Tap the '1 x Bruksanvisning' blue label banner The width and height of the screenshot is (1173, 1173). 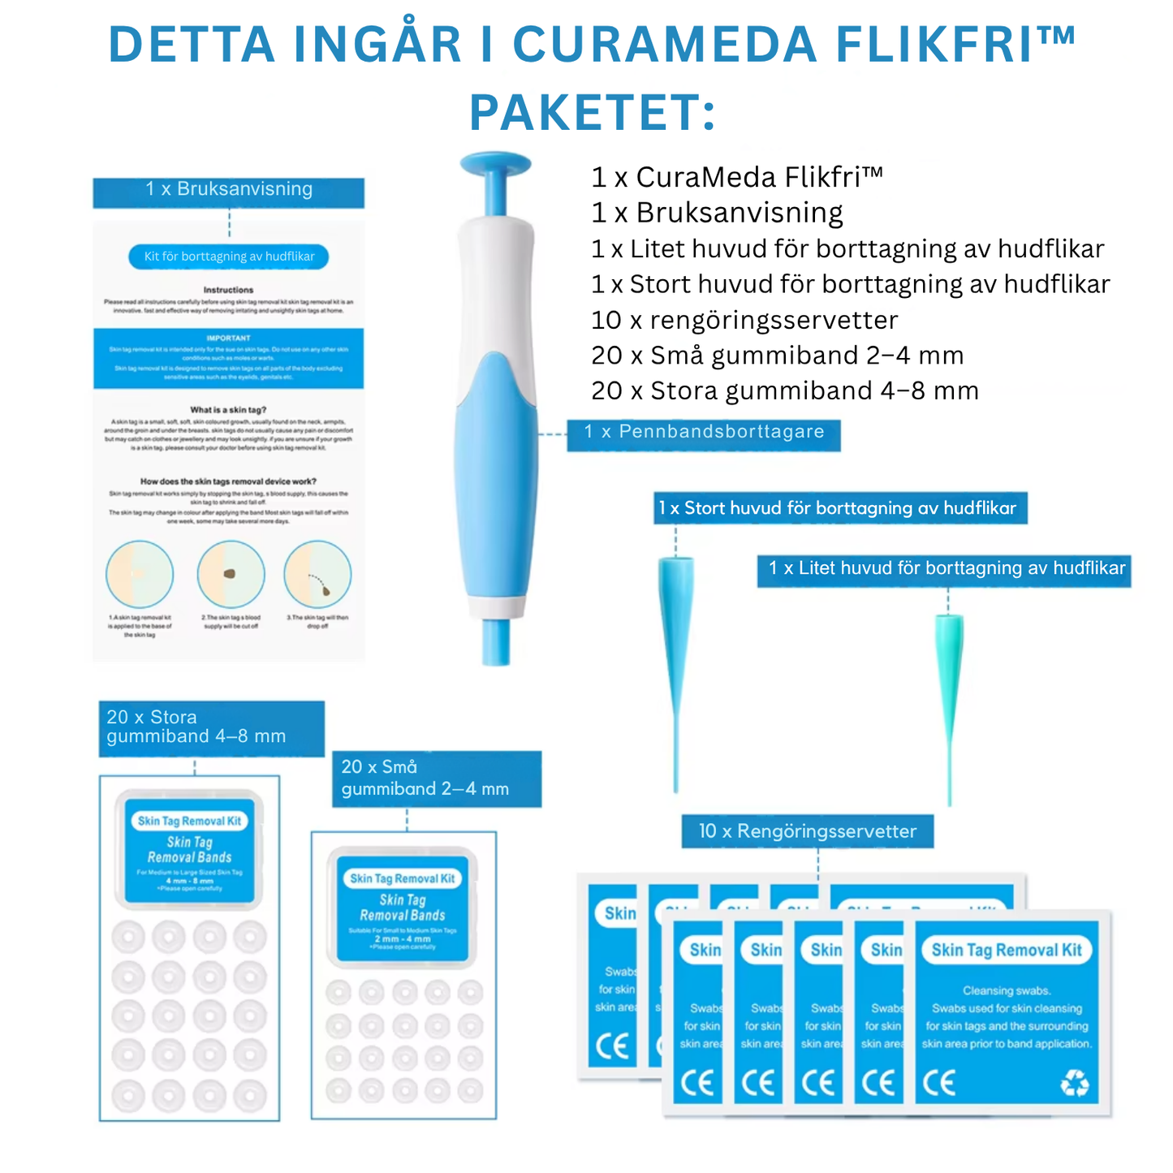228,190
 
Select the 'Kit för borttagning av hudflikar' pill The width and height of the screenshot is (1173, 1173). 229,257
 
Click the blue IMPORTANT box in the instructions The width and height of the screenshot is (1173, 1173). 228,358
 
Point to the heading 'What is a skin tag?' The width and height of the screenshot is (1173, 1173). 228,410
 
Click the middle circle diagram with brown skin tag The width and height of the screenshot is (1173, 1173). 231,574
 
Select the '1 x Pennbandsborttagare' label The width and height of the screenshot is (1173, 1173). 703,433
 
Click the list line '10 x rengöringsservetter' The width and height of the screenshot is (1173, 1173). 744,320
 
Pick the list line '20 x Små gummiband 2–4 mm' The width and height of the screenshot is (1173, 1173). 777,356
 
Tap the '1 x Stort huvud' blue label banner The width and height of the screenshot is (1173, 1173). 839,509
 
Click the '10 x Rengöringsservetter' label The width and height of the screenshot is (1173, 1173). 807,831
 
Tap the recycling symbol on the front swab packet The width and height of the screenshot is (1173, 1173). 1075,1082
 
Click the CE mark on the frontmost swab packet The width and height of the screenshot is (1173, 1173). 938,1083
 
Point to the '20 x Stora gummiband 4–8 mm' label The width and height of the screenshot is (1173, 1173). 211,727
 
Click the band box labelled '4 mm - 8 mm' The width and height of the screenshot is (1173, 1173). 189,849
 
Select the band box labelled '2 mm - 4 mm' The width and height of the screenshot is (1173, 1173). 403,908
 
